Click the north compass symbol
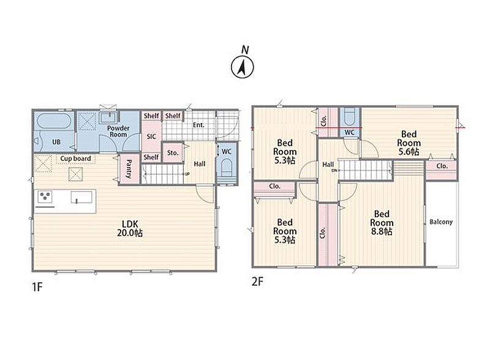coord(243,64)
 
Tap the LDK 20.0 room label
coord(130,228)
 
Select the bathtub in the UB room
coord(54,121)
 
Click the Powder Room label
coord(118,131)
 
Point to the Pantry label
coord(129,169)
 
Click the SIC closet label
coord(151,137)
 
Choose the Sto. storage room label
coord(173,153)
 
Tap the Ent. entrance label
coord(198,125)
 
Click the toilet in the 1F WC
coord(227,170)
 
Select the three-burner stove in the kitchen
coord(45,197)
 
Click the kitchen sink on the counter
coord(81,197)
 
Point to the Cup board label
coord(75,159)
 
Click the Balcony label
coord(441,222)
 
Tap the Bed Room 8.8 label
coord(382,222)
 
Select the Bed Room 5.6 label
coord(409,143)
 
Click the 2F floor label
coord(257,282)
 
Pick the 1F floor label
coord(37,287)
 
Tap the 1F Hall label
coord(200,163)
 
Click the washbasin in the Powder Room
coord(108,118)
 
